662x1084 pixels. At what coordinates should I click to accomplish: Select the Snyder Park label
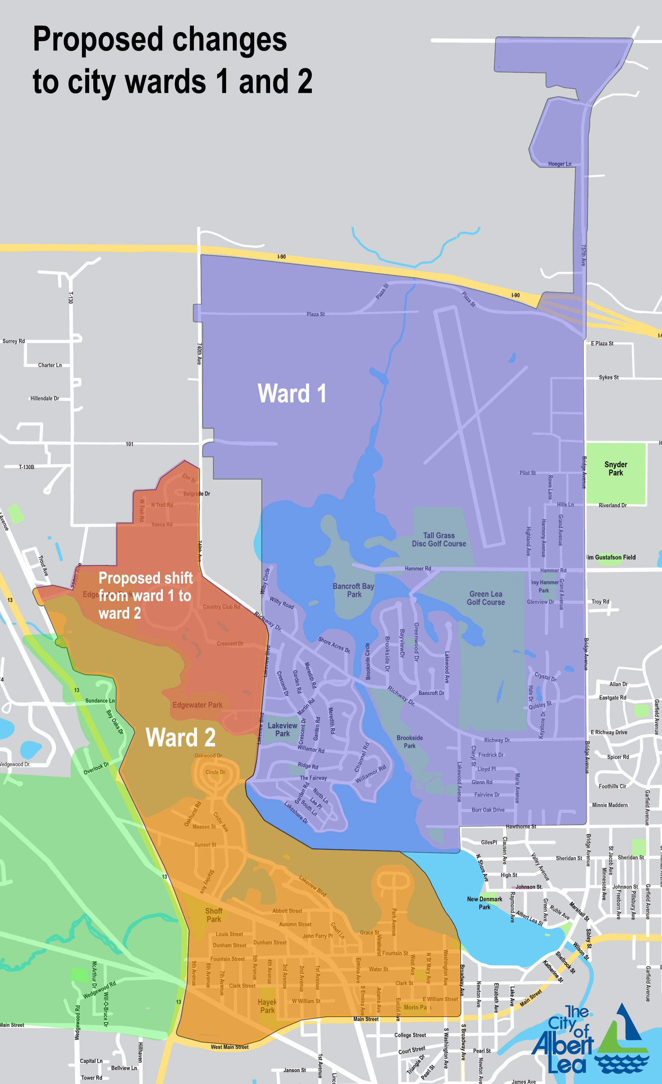615,469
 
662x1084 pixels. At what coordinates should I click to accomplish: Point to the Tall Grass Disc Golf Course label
439,539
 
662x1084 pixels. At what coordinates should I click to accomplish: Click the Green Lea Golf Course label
486,598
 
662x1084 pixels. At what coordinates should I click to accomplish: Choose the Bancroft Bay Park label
353,590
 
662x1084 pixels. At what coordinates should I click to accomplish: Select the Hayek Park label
267,1006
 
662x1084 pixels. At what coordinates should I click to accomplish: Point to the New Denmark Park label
484,903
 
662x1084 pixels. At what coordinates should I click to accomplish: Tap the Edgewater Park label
197,705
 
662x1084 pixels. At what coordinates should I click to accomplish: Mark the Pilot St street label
527,473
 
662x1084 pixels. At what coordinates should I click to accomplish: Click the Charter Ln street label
50,365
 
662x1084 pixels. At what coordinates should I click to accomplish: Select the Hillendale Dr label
45,399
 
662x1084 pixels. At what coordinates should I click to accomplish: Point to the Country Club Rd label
221,607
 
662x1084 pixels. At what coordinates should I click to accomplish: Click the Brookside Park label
410,742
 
